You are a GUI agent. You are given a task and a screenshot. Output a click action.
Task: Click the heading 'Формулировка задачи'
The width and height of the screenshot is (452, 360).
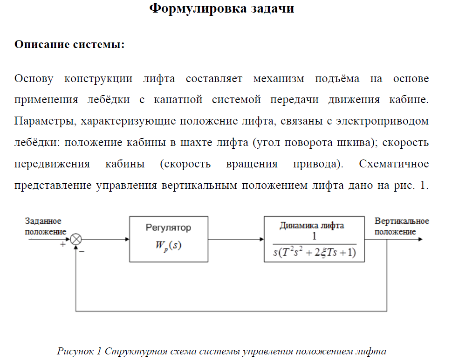(x=221, y=8)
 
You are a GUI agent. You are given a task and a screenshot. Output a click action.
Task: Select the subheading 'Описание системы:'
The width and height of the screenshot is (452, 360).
(x=69, y=45)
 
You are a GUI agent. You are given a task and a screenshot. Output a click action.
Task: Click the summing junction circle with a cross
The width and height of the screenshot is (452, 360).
(x=76, y=239)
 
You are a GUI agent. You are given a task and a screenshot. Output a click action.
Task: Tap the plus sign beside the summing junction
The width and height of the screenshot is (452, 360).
(x=62, y=245)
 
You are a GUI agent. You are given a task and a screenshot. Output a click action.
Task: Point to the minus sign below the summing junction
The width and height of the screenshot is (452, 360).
(x=82, y=252)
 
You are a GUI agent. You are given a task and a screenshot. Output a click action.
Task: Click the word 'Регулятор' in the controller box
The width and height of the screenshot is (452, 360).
(x=168, y=228)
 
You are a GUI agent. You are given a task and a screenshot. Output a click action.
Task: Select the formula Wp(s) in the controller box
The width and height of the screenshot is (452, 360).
(x=168, y=245)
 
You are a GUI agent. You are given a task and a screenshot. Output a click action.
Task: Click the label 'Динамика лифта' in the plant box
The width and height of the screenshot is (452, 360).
(x=312, y=225)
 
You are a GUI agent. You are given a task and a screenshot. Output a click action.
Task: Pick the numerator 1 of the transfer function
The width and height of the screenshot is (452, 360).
(x=314, y=236)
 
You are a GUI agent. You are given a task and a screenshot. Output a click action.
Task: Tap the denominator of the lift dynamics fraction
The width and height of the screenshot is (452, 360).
(x=315, y=252)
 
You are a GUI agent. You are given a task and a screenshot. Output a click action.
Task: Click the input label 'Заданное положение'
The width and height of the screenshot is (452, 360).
(x=46, y=227)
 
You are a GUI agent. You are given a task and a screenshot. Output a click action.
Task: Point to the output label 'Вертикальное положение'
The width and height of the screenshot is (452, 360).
(x=402, y=227)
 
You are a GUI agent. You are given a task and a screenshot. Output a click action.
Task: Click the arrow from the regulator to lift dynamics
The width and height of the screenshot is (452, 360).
(x=236, y=239)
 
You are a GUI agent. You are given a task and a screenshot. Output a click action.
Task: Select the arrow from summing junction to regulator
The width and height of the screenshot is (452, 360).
(x=105, y=239)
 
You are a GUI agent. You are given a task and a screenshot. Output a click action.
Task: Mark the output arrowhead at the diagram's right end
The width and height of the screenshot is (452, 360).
(x=421, y=239)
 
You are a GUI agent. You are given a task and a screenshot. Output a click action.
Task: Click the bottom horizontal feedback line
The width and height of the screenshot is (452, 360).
(x=231, y=311)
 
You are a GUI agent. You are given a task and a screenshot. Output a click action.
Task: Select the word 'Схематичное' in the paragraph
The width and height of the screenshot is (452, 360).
(x=394, y=164)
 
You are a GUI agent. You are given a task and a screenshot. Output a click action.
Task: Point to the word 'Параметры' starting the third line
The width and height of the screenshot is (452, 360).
(x=45, y=121)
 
